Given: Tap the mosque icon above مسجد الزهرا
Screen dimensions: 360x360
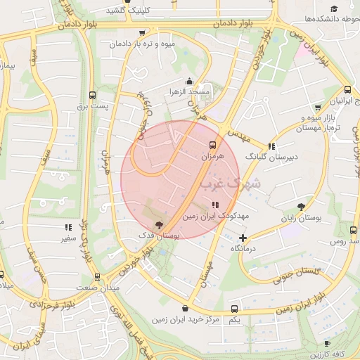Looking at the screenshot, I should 189,81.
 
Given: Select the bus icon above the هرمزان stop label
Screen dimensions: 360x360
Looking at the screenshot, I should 212,145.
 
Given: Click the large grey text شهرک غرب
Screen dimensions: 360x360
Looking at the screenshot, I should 230,185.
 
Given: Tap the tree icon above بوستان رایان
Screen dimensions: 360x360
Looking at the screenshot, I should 302,207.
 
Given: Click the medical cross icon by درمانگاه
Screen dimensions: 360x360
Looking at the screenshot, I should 243,238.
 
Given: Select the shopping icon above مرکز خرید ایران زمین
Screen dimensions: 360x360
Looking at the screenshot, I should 185,308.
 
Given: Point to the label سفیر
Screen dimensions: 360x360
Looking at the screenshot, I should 68,238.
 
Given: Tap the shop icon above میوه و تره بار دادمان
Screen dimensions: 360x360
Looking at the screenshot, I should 143,32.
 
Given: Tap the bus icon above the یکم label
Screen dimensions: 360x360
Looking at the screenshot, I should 235,309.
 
